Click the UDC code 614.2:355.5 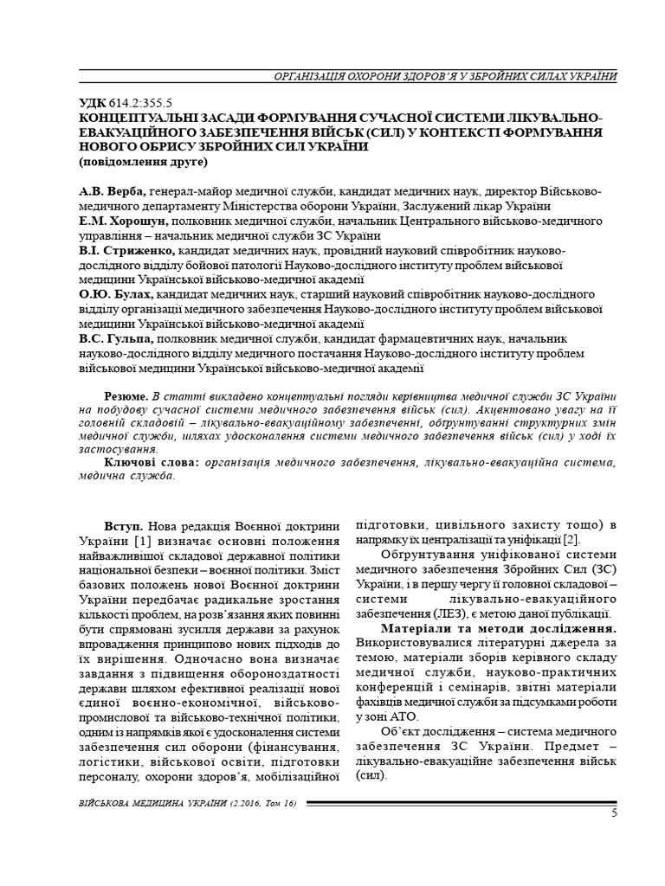(x=136, y=102)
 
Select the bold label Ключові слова (x=152, y=463)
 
